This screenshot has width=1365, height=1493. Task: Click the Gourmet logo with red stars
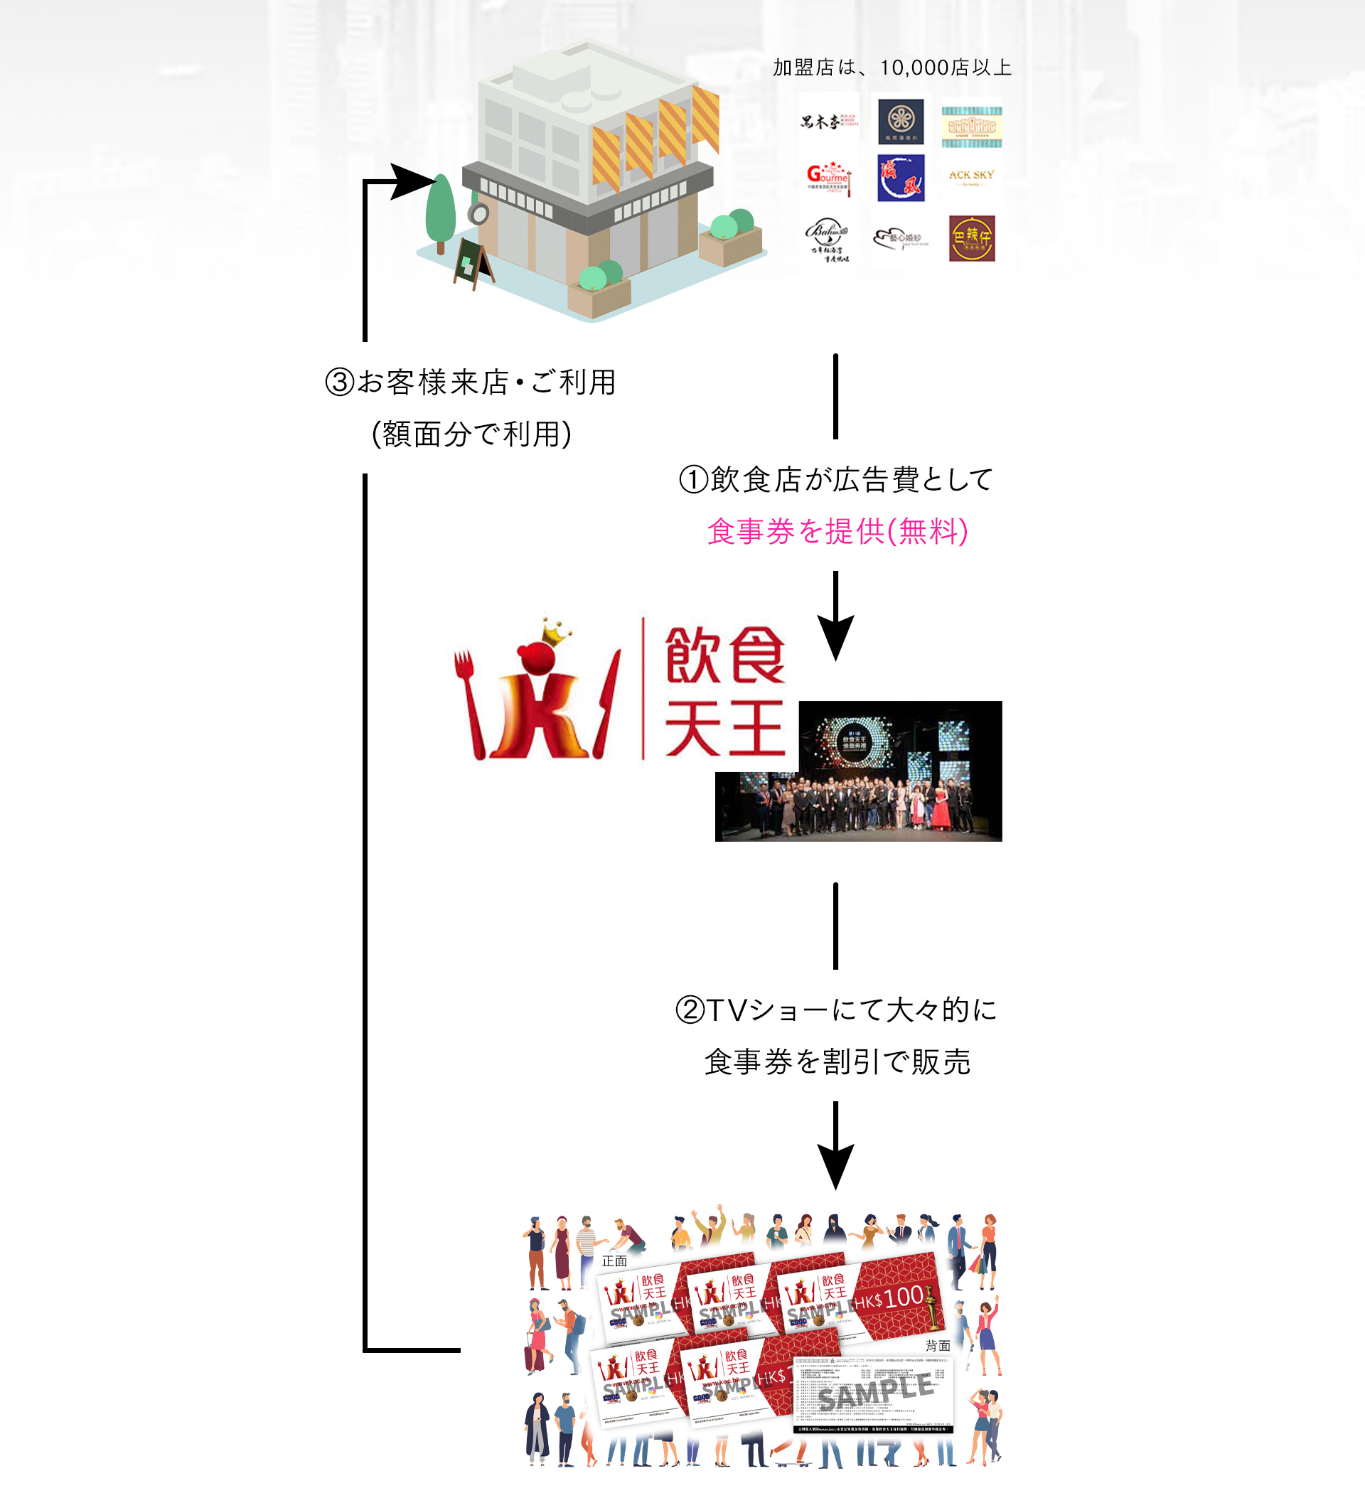(828, 178)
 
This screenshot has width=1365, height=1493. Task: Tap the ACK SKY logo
(971, 177)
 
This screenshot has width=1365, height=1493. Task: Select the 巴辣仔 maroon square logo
(971, 238)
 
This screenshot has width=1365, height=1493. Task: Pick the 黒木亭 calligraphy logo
(828, 121)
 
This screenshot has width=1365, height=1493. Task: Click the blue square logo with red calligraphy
(901, 178)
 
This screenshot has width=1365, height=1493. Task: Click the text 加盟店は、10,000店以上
(892, 68)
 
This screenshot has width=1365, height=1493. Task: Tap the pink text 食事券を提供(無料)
(837, 531)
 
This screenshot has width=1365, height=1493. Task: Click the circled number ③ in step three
(340, 383)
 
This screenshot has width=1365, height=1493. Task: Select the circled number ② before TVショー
(690, 1010)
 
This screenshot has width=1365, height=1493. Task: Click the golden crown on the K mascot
(556, 631)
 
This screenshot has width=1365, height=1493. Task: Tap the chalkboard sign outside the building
(472, 262)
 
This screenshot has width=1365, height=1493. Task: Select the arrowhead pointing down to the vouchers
(835, 1167)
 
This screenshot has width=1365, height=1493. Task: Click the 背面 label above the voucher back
(937, 1346)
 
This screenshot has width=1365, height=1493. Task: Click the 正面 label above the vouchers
(614, 1261)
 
